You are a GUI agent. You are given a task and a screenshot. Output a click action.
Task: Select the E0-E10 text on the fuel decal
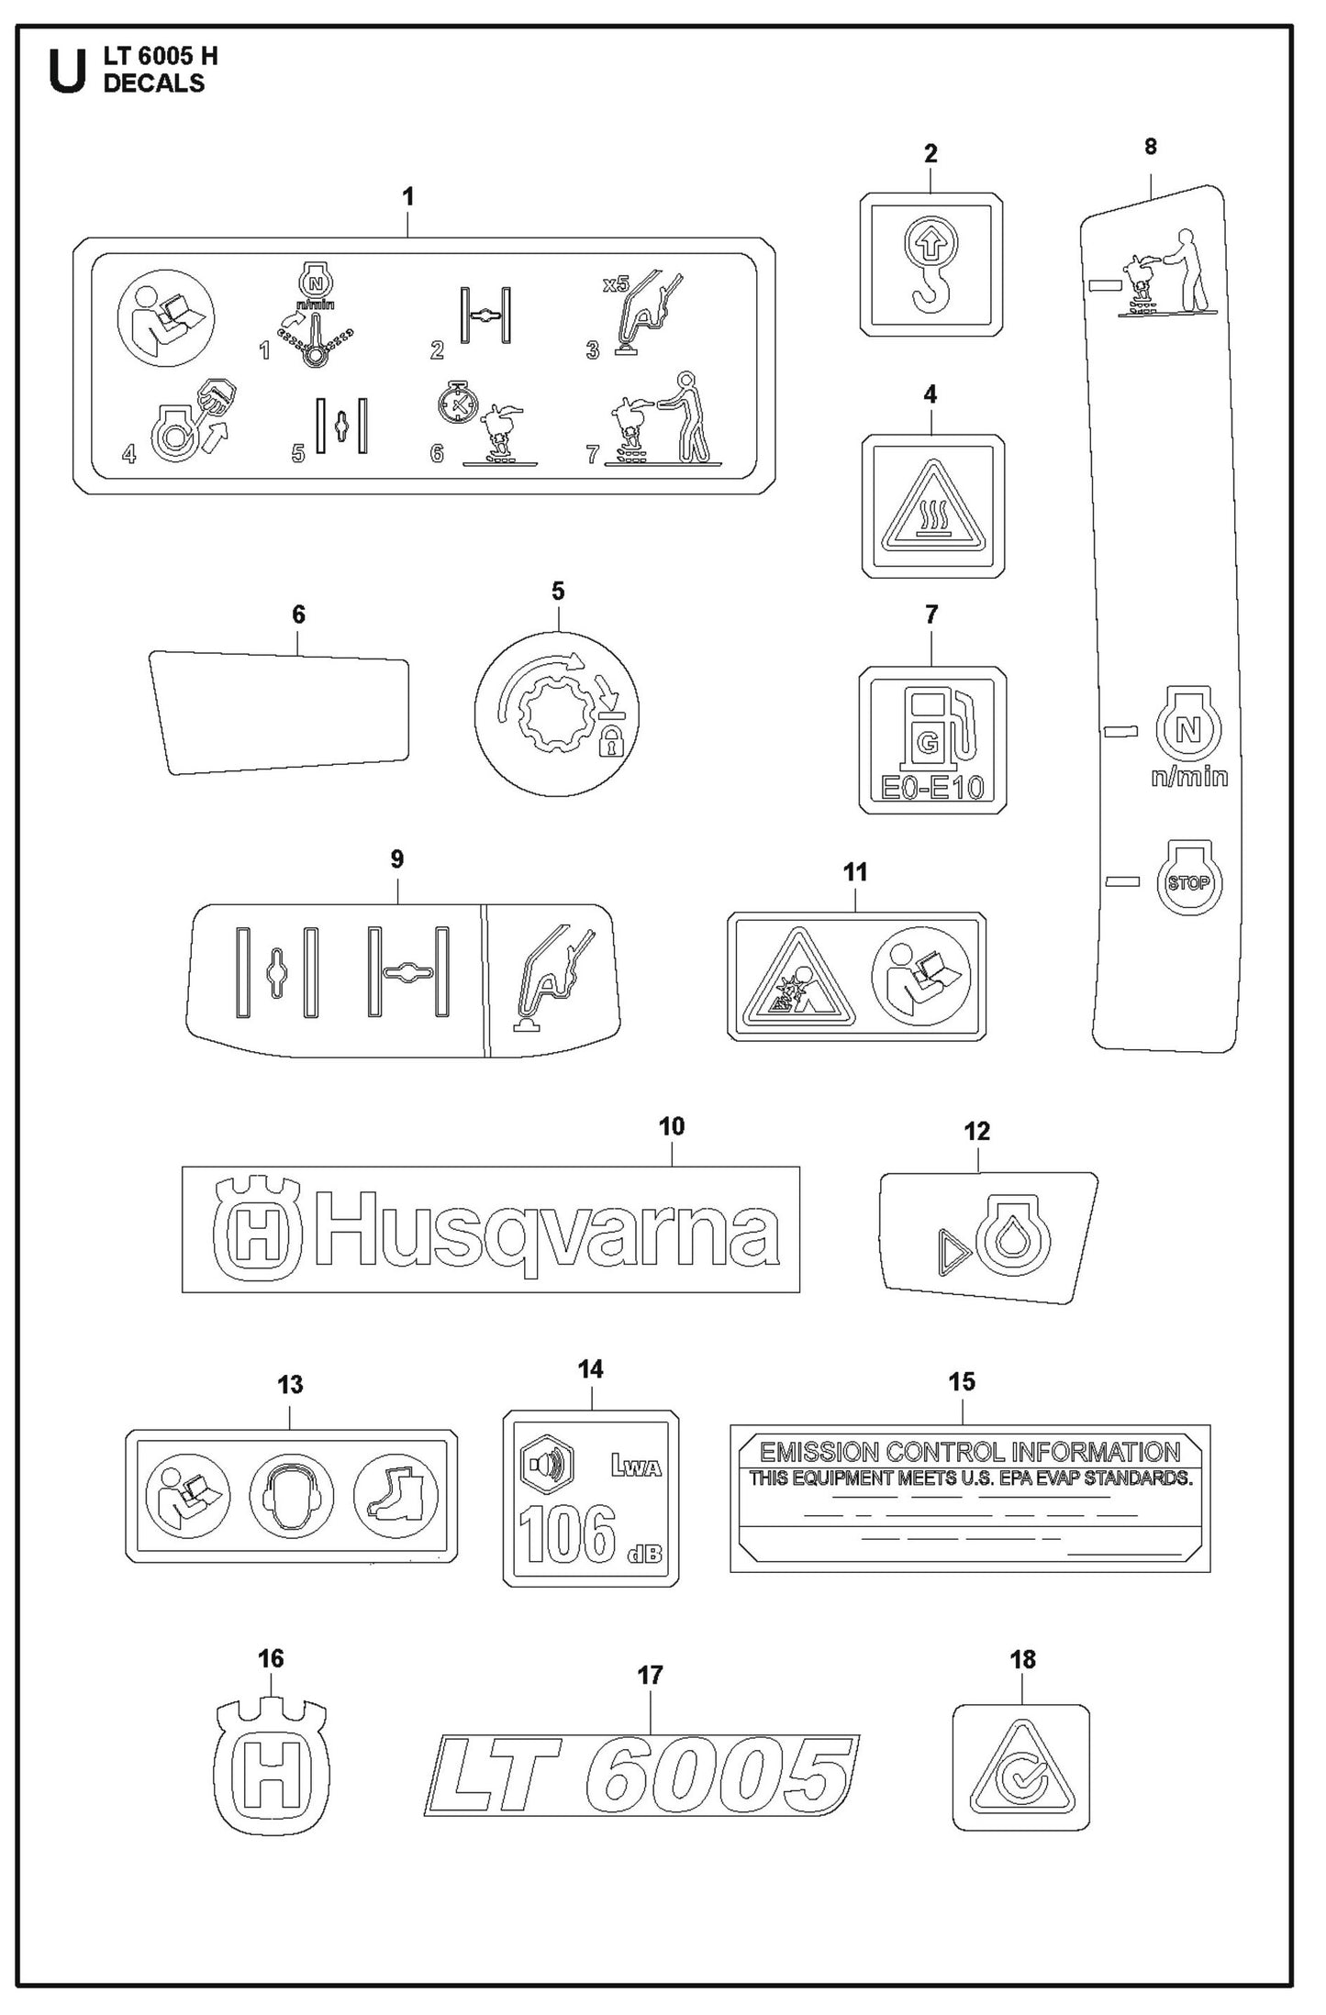(931, 787)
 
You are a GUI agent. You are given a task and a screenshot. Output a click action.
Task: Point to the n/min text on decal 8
(1189, 777)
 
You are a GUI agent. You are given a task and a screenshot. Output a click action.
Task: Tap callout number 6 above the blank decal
(298, 614)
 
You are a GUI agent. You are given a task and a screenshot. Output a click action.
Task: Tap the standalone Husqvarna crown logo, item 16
(271, 1764)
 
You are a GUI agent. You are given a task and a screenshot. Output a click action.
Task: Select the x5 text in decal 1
(616, 285)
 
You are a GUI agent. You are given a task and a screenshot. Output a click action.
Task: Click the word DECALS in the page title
(153, 83)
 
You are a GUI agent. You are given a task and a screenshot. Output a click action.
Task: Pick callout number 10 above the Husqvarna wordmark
(671, 1126)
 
